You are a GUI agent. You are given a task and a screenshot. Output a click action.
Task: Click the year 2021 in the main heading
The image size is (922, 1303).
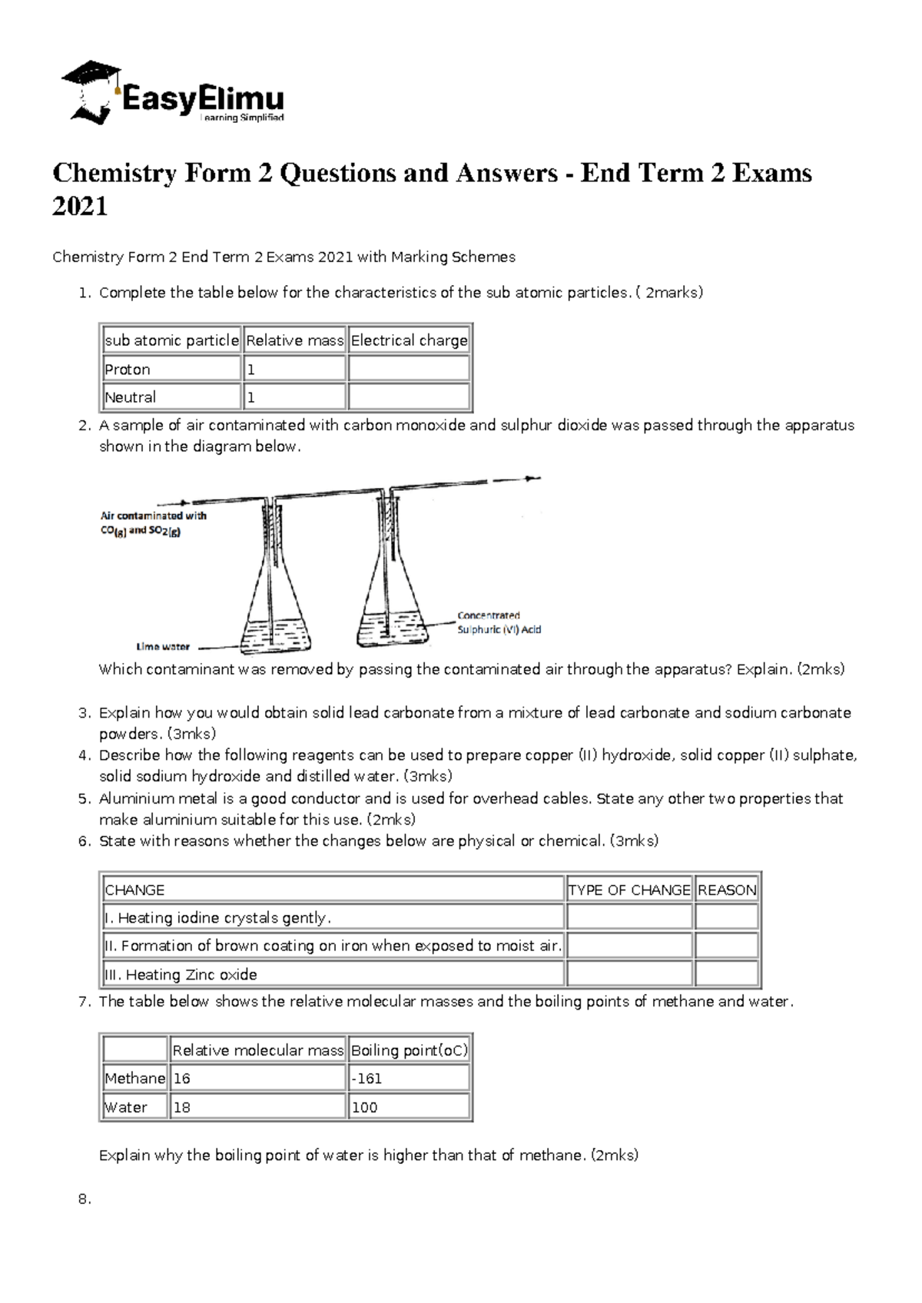coord(80,207)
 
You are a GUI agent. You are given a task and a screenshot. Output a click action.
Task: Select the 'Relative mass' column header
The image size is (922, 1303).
coord(294,340)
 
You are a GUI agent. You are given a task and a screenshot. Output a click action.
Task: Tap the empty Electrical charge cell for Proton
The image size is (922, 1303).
coord(409,369)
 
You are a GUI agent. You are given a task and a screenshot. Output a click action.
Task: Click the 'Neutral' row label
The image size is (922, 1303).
coord(130,397)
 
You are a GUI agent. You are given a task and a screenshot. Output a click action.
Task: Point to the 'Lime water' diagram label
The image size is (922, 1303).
coord(163,647)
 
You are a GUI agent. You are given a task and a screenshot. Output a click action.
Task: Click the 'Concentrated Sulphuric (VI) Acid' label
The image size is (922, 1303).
coord(499,622)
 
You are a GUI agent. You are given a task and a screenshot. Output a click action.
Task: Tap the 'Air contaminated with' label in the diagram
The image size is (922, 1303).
coord(154,516)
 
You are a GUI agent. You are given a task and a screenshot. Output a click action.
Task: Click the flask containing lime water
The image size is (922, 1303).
coord(275,607)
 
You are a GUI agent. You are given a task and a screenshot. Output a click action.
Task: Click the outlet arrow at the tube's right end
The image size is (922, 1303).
coord(530,479)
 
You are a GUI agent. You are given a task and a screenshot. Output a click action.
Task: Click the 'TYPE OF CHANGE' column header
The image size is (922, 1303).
coord(629,890)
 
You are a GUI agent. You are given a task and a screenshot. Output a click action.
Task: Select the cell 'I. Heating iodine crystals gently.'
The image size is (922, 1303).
coord(218,917)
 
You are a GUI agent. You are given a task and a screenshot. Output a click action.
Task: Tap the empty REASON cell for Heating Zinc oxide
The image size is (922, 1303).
coord(726,974)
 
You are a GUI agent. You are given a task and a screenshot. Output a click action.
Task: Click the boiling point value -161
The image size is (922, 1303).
coord(366,1079)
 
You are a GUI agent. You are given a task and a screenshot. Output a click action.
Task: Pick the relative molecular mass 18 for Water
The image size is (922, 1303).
coord(182,1107)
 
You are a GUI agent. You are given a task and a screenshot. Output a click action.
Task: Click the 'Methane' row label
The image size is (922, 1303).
coord(134,1079)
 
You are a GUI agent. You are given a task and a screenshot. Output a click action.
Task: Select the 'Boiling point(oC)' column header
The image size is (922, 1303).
coord(409,1050)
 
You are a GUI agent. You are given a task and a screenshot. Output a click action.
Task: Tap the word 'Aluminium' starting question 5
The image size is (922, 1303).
coord(137,798)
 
